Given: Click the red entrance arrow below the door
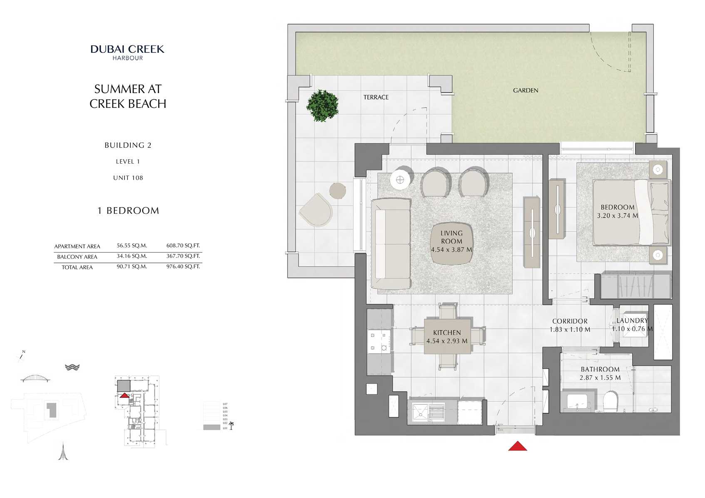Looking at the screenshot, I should point(517,446).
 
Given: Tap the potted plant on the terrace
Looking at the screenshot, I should point(323,105).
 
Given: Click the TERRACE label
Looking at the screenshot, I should point(376,97).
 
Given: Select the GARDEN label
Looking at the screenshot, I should point(525,90).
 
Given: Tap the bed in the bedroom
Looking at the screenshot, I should point(631,212).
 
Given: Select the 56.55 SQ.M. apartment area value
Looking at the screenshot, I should point(132,246).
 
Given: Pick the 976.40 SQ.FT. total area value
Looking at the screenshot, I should point(183,267).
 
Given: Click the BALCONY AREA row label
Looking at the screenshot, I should point(77,257).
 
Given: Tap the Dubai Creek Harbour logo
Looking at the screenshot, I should point(127,52).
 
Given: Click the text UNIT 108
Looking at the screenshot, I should point(128,178).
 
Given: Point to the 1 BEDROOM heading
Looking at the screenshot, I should point(128,211).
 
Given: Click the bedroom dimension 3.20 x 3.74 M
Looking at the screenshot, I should point(617,216).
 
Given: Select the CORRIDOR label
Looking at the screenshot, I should point(570,321).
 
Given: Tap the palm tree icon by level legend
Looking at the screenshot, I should point(231,425).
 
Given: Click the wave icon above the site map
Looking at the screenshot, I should point(72,367).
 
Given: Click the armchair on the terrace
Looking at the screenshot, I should point(316,210).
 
